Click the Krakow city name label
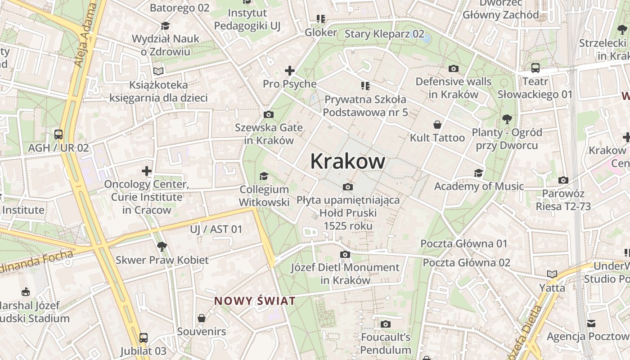coord(347,162)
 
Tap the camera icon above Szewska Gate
coord(269,114)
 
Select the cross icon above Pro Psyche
coord(290,71)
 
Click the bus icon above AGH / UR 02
coord(58,134)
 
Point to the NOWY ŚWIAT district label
coord(255,301)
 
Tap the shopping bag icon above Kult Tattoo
coord(437,124)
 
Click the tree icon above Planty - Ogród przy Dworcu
coord(507,119)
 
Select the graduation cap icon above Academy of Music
coord(478,173)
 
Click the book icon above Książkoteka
coord(158,71)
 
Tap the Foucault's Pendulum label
coord(386,343)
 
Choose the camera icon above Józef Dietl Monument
coord(345,254)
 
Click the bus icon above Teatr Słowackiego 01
coord(535,68)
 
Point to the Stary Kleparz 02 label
coord(384,34)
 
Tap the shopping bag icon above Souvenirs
coord(202,318)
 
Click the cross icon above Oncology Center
coord(147,171)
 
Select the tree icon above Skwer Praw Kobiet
coord(162,246)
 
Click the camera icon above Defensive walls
coord(454,68)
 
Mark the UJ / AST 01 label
coord(216,229)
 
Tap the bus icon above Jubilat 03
coord(143,337)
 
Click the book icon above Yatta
coord(552,274)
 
